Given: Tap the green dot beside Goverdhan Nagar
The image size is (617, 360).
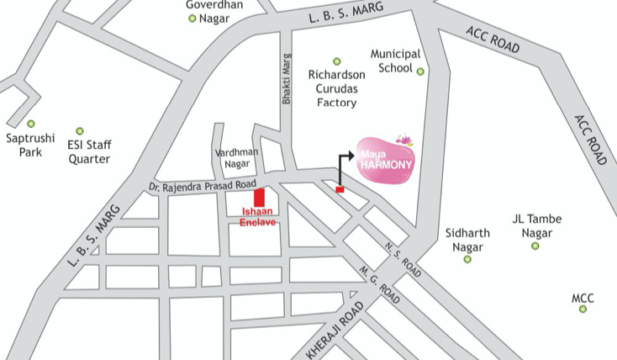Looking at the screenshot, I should click(x=192, y=18).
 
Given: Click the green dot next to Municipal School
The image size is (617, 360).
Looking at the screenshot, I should click(x=420, y=71).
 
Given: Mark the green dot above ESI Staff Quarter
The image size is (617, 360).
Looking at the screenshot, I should click(x=80, y=131).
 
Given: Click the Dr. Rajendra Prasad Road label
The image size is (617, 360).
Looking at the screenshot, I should click(x=202, y=184).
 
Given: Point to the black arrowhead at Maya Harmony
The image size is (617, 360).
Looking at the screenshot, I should click(x=348, y=156).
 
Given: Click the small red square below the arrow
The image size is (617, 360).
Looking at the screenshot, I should click(x=340, y=190).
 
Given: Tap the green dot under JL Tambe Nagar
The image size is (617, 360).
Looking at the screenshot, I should click(x=535, y=246).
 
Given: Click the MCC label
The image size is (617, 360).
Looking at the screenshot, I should click(x=583, y=298).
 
